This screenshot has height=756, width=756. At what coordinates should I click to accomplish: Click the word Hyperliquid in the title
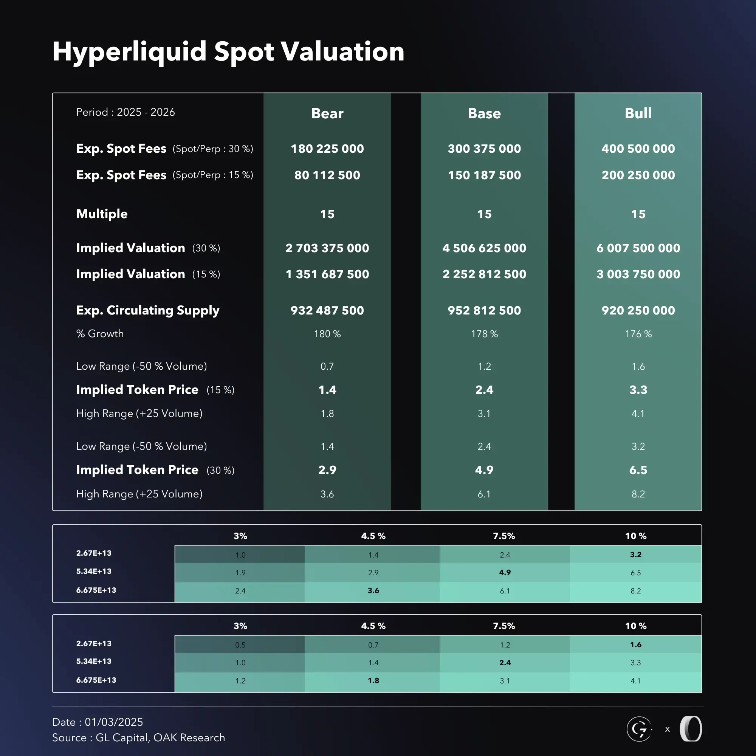[130, 52]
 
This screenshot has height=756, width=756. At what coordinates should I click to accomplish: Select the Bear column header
[327, 113]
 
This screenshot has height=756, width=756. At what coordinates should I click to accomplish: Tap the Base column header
[484, 113]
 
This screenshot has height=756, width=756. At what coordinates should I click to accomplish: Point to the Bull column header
[638, 113]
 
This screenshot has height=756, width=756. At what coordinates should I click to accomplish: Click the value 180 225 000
[327, 149]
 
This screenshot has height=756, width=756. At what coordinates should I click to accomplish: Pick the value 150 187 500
[484, 175]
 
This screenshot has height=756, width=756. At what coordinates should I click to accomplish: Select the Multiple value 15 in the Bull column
[638, 214]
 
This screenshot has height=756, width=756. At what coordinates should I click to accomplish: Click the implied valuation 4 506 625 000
[484, 248]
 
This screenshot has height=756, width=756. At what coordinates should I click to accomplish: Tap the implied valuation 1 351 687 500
[327, 274]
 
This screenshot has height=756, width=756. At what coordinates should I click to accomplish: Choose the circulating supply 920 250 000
[638, 310]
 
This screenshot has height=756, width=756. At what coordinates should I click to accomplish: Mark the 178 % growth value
[484, 334]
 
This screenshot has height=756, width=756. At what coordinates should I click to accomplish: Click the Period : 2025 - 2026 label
[125, 112]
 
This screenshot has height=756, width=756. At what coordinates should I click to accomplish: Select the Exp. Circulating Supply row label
[147, 310]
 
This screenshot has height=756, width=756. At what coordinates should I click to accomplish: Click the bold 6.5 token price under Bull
[638, 470]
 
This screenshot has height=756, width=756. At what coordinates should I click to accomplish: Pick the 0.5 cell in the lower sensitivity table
[240, 645]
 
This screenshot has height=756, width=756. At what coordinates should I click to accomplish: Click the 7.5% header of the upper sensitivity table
[504, 536]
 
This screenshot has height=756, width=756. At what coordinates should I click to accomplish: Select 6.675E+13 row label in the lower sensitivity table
[96, 680]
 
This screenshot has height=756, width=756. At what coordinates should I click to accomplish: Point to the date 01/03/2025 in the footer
[114, 722]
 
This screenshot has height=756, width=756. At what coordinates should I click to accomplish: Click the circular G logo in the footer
[639, 729]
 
